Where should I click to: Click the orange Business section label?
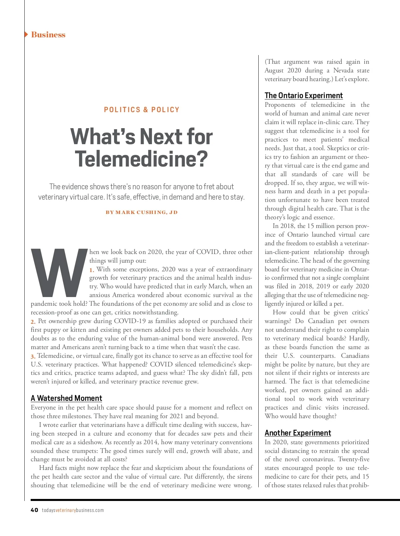coord(48,35)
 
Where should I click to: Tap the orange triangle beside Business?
coord(26,34)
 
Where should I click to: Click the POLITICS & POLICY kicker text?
coord(142,110)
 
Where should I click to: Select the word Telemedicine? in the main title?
coord(141,159)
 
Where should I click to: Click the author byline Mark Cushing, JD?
coord(142,212)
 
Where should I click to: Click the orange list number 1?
coord(92,270)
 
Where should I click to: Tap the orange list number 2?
coord(33,322)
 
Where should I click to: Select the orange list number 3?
coord(33,356)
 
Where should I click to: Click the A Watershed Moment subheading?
coord(66,398)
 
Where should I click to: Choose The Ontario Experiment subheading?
coord(304,95)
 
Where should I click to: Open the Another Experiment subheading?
coord(298,433)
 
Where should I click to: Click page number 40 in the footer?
coord(34,510)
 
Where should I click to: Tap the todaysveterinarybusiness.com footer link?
coord(73,510)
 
